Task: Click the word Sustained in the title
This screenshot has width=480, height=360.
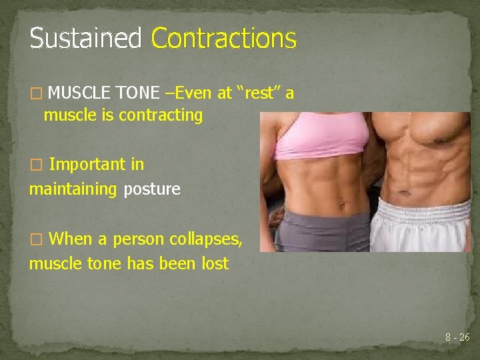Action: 85,39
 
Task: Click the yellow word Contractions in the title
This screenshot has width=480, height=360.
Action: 223,39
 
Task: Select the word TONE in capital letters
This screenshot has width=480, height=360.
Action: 138,93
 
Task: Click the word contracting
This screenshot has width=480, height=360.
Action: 161,115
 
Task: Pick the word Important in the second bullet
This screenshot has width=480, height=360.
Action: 97,164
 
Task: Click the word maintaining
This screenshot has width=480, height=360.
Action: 73,189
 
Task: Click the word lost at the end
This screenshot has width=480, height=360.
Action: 215,263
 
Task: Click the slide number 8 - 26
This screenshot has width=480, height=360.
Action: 457,337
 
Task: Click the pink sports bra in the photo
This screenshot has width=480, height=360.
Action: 320,133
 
